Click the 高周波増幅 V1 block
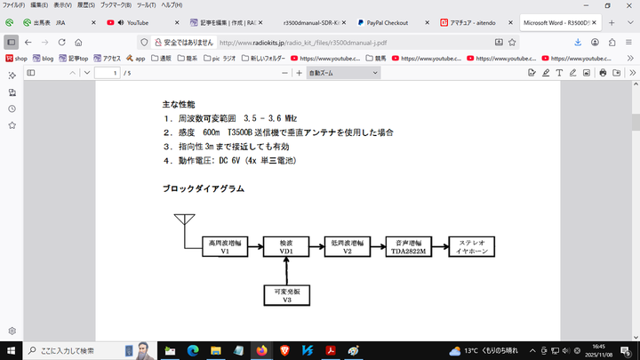coord(225,247)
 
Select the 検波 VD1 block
coord(286,247)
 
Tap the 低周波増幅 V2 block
coord(348,247)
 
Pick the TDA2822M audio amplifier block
coord(409,247)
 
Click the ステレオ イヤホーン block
coord(470,247)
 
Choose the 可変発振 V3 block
coord(286,297)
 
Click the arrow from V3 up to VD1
coord(286,270)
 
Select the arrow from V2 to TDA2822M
coord(378,247)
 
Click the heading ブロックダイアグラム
coord(203,188)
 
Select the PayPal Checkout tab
coord(384,22)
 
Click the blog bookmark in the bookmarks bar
coord(43,59)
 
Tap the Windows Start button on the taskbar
coord(12,350)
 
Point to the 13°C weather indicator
coord(484,350)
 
